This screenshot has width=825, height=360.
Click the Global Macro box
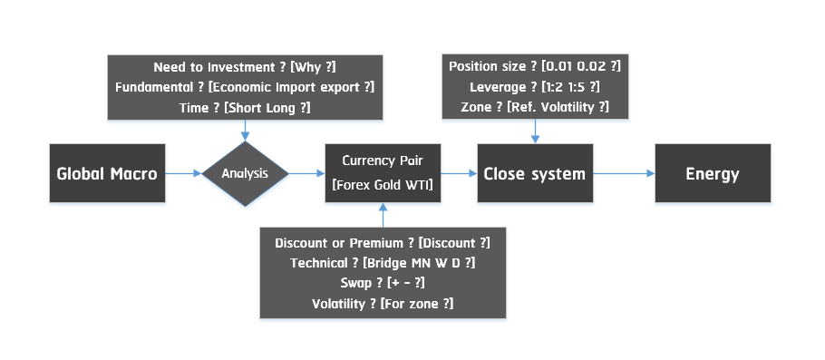pyautogui.click(x=106, y=173)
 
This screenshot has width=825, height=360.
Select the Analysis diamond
pyautogui.click(x=245, y=173)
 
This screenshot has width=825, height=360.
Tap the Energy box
pyautogui.click(x=713, y=173)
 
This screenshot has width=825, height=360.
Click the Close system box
pyautogui.click(x=535, y=173)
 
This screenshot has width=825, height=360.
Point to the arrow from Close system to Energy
pyautogui.click(x=623, y=173)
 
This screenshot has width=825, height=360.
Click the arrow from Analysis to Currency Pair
pyautogui.click(x=307, y=173)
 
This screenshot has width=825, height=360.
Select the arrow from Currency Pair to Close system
pyautogui.click(x=457, y=173)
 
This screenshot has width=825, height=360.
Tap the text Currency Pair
pyautogui.click(x=382, y=161)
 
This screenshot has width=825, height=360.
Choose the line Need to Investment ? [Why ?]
pyautogui.click(x=245, y=67)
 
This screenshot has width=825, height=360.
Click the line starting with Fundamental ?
pyautogui.click(x=245, y=87)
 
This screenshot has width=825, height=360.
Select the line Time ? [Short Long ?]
pyautogui.click(x=245, y=107)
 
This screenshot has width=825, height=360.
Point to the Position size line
pyautogui.click(x=534, y=67)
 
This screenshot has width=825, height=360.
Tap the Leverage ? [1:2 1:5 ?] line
pyautogui.click(x=534, y=87)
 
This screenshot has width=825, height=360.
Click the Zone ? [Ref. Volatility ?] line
pyautogui.click(x=534, y=107)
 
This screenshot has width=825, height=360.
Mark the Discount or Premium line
pyautogui.click(x=382, y=243)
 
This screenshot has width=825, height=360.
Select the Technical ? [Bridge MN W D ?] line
pyautogui.click(x=382, y=263)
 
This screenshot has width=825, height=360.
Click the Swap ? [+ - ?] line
pyautogui.click(x=382, y=283)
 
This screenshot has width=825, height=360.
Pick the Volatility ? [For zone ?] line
pyautogui.click(x=382, y=303)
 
